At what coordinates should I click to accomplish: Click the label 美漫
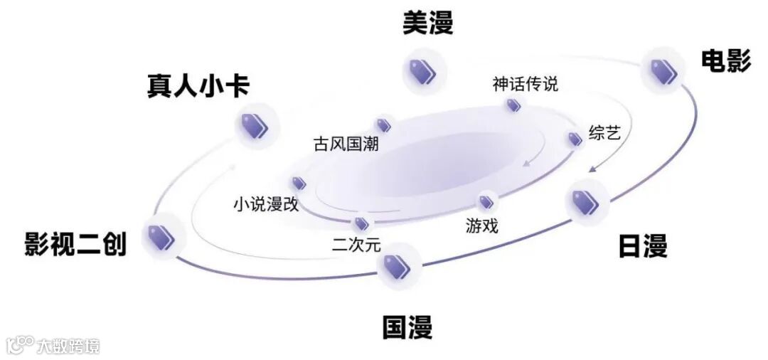pyautogui.click(x=427, y=23)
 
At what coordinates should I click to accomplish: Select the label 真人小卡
pyautogui.click(x=198, y=86)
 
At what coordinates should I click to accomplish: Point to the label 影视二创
pyautogui.click(x=75, y=243)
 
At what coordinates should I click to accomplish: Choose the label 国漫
pyautogui.click(x=407, y=328)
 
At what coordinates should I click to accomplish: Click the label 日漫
pyautogui.click(x=642, y=247)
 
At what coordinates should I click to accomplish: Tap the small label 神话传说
pyautogui.click(x=526, y=84)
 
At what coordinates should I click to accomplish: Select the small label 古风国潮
pyautogui.click(x=346, y=144)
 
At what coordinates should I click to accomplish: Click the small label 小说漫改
pyautogui.click(x=266, y=205)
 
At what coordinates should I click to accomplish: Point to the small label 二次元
pyautogui.click(x=356, y=245)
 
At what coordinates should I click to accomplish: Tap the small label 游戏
pyautogui.click(x=482, y=226)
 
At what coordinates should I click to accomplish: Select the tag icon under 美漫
pyautogui.click(x=423, y=70)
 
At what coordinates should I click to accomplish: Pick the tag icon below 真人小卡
pyautogui.click(x=255, y=126)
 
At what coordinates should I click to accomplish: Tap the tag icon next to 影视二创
pyautogui.click(x=162, y=236)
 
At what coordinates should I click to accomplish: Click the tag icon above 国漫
pyautogui.click(x=397, y=267)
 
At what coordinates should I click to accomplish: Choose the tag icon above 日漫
pyautogui.click(x=586, y=201)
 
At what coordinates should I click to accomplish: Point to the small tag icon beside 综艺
pyautogui.click(x=575, y=139)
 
